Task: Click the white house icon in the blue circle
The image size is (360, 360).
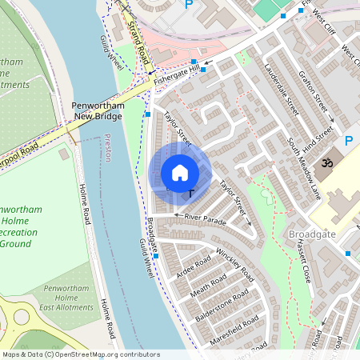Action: click(x=180, y=173)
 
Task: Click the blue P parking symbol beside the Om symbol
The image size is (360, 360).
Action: click(x=348, y=141)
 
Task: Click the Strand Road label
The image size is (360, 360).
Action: click(x=138, y=43)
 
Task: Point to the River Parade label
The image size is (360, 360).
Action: click(x=206, y=218)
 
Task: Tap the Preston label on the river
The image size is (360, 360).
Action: click(x=107, y=148)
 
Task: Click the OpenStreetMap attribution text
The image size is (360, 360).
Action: click(x=80, y=354)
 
